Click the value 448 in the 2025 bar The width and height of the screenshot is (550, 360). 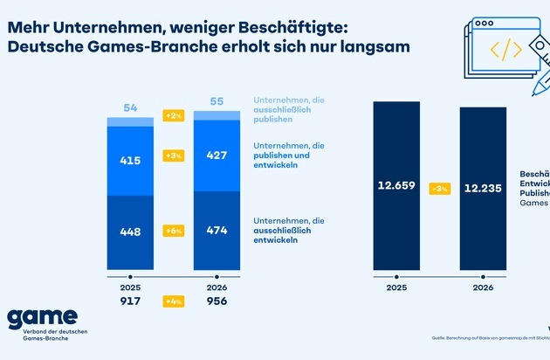point(131,231)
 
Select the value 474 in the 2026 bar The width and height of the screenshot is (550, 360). point(217,231)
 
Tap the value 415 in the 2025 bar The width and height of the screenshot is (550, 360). point(131,162)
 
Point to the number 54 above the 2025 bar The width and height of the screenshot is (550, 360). point(131,107)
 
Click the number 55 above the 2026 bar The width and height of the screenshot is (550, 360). point(217,102)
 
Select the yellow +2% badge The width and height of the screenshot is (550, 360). point(174,115)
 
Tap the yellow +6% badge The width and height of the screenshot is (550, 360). point(174,231)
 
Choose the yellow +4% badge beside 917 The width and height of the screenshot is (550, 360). point(174,302)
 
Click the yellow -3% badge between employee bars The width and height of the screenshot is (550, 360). point(439,189)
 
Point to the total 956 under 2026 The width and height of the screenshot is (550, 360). point(217,302)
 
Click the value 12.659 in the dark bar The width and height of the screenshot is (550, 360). point(396,185)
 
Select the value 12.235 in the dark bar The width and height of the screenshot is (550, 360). point(483,185)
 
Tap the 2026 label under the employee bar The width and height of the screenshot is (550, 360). point(483,286)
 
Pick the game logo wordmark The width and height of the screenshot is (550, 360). point(42,320)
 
